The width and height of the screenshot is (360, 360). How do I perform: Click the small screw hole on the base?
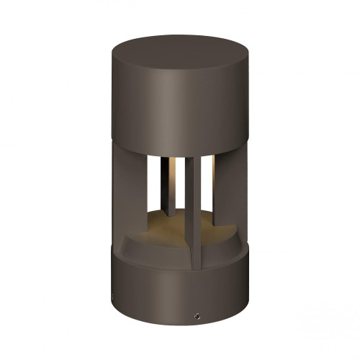[197, 315]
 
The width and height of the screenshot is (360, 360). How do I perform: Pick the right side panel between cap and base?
[229, 194]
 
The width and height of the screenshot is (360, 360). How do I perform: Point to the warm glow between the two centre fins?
[177, 173]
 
